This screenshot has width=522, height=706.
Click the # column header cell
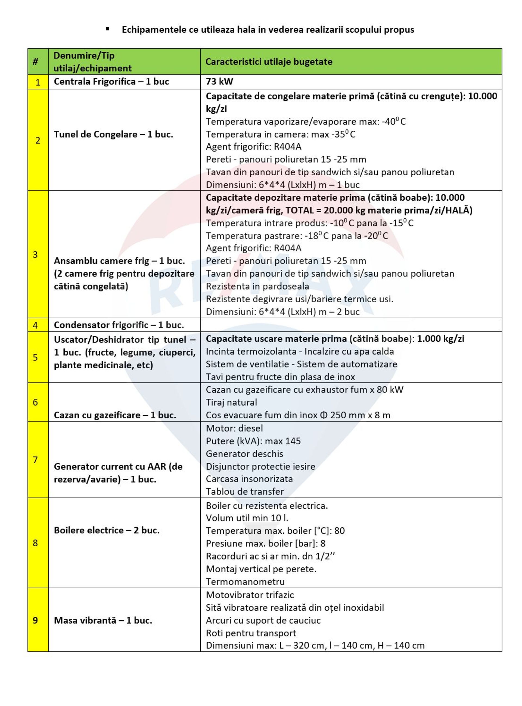click(35, 62)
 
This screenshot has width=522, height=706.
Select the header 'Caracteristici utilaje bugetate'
click(269, 62)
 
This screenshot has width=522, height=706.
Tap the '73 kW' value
click(219, 82)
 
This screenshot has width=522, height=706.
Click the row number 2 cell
click(38, 140)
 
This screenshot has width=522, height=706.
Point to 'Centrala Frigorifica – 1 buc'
click(111, 82)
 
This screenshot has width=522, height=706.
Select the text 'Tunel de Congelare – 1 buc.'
click(113, 134)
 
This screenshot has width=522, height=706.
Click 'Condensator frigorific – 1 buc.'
click(119, 325)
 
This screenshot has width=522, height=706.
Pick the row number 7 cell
click(35, 460)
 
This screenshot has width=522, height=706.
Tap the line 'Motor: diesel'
click(234, 428)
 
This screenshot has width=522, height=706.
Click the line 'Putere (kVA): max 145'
click(253, 441)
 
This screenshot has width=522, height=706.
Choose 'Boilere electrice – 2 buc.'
click(107, 530)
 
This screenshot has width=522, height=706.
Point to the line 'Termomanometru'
click(245, 581)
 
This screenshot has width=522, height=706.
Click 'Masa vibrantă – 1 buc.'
click(103, 620)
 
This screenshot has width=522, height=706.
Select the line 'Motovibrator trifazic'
click(250, 595)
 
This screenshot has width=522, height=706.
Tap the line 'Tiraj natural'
click(231, 402)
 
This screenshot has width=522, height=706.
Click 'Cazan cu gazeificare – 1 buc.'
click(115, 415)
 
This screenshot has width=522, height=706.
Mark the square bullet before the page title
click(107, 29)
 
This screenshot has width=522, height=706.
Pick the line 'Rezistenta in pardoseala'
click(257, 286)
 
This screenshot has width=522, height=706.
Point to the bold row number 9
click(35, 620)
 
